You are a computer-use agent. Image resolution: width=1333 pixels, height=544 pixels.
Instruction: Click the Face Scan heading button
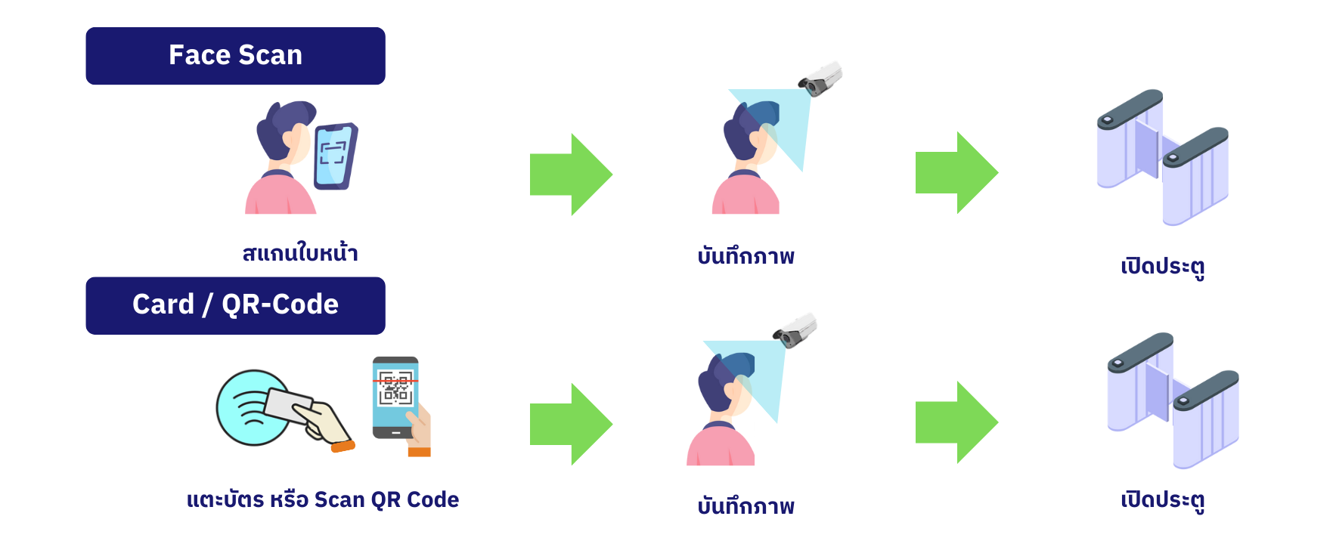click(235, 56)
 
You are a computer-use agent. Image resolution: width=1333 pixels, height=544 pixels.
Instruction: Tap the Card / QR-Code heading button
click(235, 305)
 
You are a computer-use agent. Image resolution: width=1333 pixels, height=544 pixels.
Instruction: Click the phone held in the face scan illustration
click(335, 156)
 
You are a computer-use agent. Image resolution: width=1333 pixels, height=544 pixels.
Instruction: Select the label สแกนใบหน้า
click(300, 253)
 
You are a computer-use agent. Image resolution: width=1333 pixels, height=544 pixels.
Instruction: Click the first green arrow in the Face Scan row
click(571, 175)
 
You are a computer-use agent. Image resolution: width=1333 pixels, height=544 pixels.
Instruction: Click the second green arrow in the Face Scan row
click(956, 173)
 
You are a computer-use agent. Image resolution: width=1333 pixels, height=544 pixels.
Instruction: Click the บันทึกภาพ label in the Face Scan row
click(746, 257)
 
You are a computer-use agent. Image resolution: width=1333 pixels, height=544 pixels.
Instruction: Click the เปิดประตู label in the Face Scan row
click(1162, 266)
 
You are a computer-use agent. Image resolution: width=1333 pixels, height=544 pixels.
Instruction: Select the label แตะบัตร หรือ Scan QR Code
click(323, 500)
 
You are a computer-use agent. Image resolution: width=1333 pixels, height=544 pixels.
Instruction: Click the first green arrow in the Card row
click(571, 424)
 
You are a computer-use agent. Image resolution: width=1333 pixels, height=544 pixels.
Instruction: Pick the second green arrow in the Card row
click(956, 422)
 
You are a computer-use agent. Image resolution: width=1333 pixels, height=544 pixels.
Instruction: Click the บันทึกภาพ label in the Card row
click(746, 506)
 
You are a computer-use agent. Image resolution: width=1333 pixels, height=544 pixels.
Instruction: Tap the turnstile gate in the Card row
click(1173, 400)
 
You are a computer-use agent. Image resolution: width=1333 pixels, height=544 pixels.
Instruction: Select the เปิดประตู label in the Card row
click(1162, 500)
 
